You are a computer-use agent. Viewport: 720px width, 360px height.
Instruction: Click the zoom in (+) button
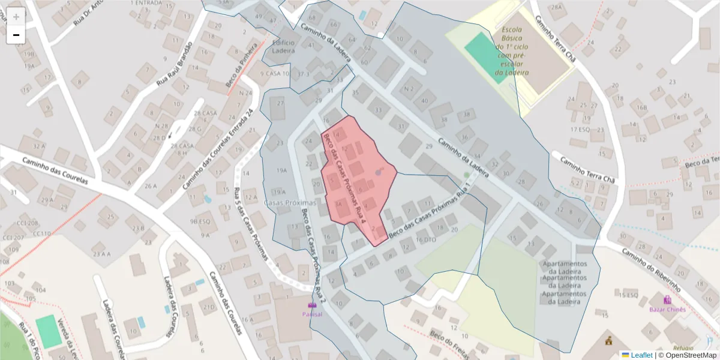16,17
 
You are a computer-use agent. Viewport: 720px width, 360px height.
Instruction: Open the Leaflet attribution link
641,355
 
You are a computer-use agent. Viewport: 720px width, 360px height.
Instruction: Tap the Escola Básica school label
512,55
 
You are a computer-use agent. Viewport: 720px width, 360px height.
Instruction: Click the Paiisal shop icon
312,305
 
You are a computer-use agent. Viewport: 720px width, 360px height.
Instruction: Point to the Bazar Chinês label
667,309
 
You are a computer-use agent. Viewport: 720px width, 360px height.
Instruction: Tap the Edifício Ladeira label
283,47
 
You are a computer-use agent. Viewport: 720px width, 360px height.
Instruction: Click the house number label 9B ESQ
200,221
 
